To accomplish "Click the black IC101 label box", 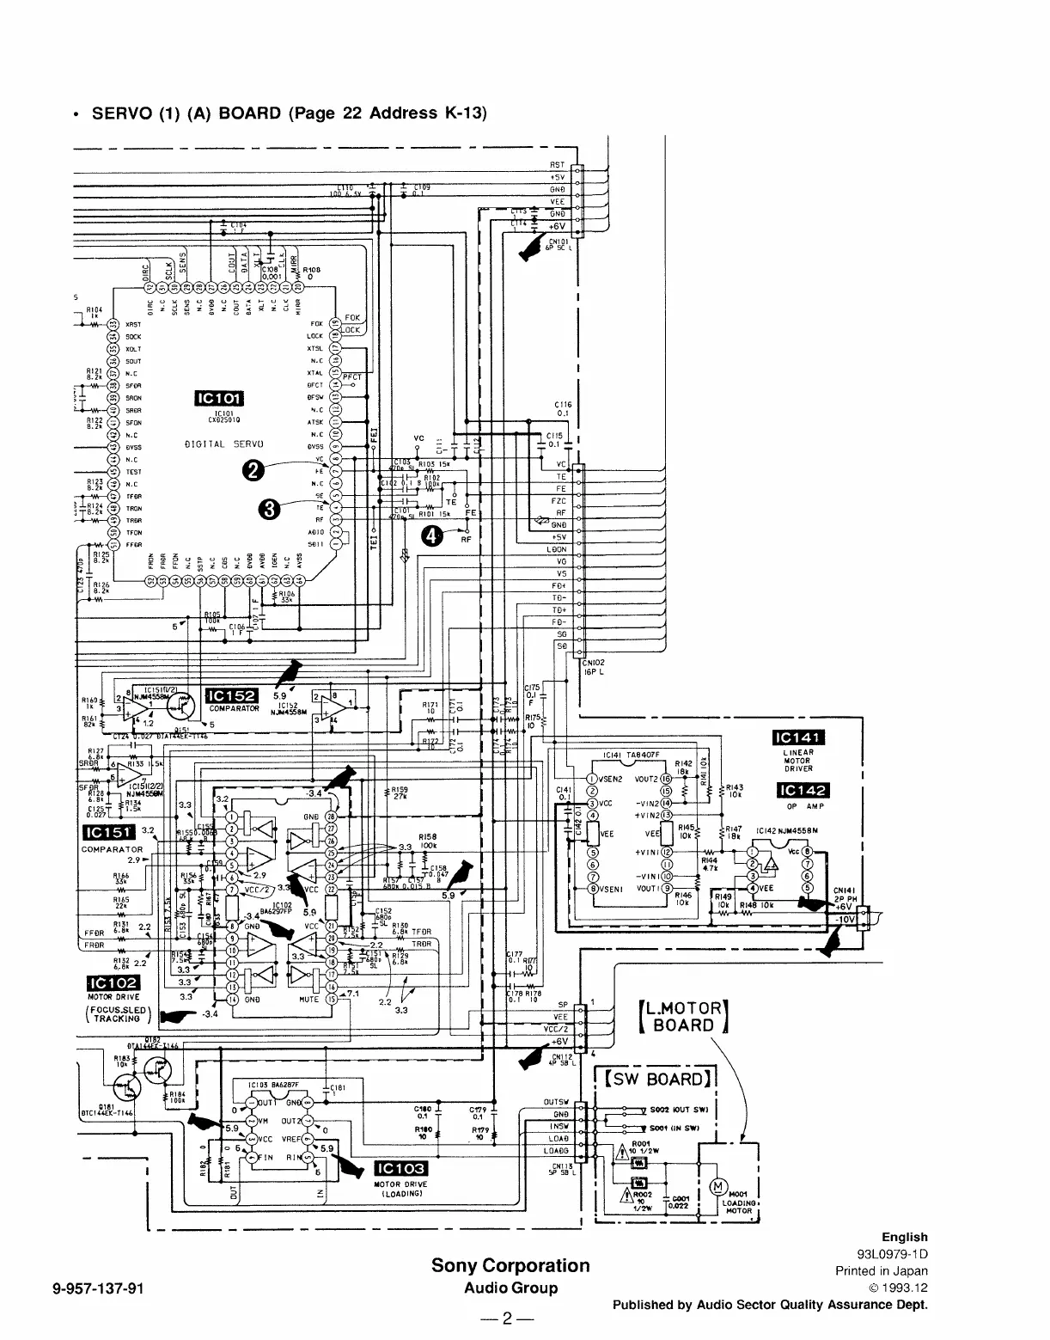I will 221,397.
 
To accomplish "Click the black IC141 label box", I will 799,737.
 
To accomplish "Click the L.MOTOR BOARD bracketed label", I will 684,1017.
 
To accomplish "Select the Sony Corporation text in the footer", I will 510,1265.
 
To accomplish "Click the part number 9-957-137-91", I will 95,1288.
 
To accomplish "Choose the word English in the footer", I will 904,1237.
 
